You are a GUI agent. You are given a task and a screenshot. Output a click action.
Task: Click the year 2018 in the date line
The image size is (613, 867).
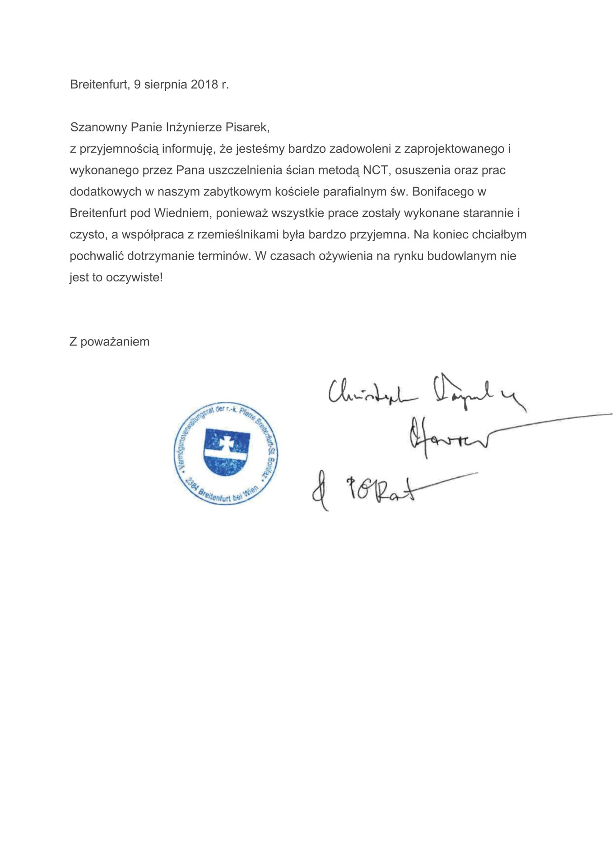204,85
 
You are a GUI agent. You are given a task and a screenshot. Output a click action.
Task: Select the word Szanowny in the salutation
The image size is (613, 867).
98,127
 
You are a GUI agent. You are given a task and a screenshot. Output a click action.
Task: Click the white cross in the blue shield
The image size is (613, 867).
226,443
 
